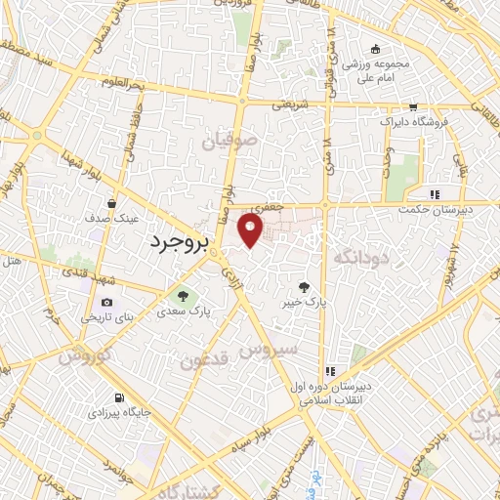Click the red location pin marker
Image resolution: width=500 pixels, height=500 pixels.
251,230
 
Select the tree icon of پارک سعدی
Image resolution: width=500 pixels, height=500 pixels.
180,295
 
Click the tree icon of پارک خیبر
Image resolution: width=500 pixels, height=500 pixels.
305,287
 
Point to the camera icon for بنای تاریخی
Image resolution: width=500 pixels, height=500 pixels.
106,302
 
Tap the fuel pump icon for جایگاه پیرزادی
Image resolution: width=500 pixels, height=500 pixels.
119,397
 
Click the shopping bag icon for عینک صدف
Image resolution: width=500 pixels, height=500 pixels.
113,204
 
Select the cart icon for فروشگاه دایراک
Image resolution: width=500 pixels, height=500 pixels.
414,107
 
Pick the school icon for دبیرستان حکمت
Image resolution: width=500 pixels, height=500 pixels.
434,193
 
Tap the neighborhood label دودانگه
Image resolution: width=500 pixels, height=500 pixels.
361,258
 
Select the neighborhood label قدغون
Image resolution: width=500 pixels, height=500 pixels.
204,360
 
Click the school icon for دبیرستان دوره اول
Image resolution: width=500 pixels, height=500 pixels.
331,371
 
